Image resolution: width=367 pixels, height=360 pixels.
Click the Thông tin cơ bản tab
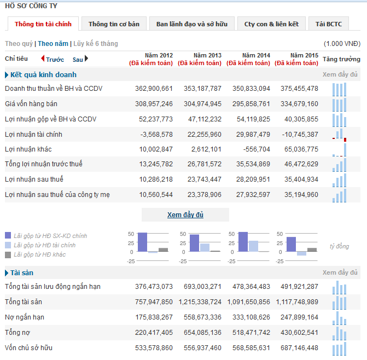click(114, 24)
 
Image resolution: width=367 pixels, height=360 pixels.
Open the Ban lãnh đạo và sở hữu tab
click(191, 24)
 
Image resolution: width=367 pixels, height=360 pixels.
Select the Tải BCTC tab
click(328, 24)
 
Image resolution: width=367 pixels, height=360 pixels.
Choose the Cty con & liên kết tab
click(271, 24)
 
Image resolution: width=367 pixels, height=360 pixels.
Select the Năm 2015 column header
click(304, 55)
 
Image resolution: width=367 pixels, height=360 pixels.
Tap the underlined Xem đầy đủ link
click(185, 215)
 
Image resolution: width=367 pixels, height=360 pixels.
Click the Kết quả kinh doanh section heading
click(43, 74)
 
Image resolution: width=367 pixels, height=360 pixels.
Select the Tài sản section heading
click(22, 272)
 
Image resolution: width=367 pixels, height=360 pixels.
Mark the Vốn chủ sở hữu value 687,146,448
click(298, 348)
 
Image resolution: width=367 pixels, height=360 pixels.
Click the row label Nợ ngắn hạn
click(25, 317)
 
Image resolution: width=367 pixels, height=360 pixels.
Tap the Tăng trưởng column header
click(341, 59)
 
